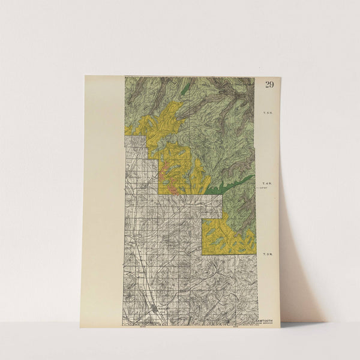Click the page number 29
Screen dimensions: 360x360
click(x=269, y=84)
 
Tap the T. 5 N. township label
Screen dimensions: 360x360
click(x=267, y=113)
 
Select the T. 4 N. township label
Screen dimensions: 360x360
click(x=267, y=183)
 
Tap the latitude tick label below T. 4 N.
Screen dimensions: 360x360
click(x=263, y=189)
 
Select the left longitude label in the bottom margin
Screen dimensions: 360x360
click(x=143, y=326)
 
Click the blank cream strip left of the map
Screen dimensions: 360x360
click(x=103, y=198)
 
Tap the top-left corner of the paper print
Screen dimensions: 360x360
click(x=85, y=76)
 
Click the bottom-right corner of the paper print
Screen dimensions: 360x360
click(x=280, y=326)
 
